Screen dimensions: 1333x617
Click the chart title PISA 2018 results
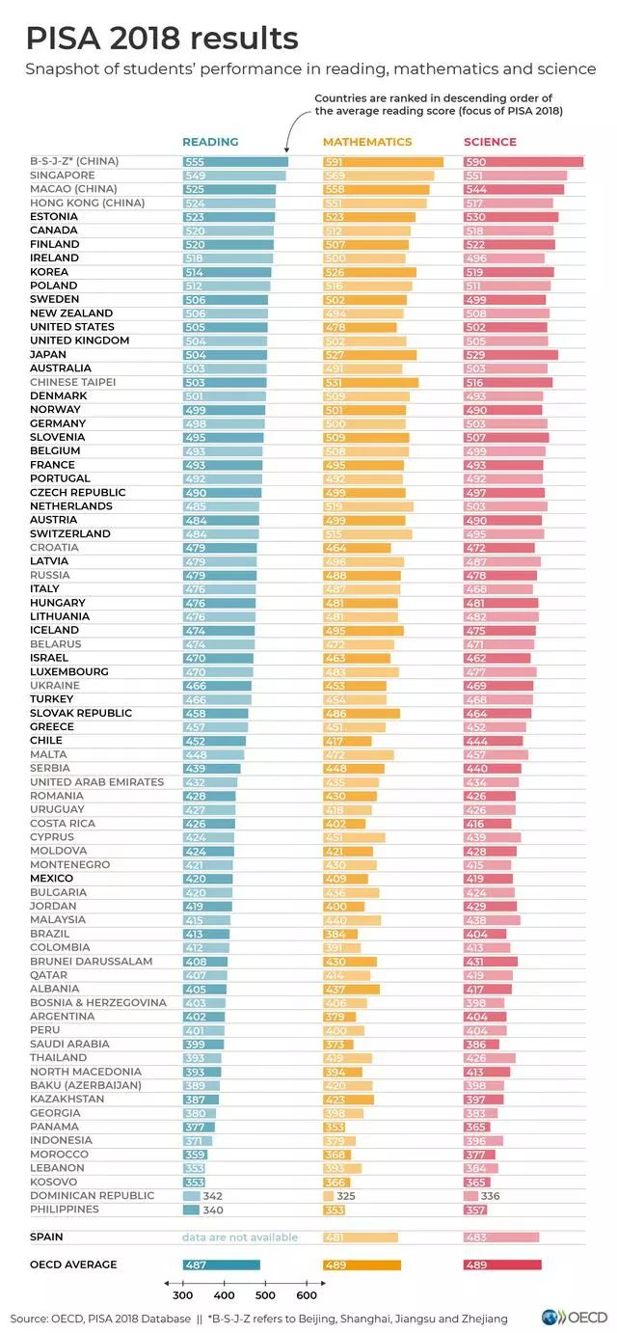[x=161, y=39]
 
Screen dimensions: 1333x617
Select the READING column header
[x=210, y=142]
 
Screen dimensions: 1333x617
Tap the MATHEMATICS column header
[x=367, y=142]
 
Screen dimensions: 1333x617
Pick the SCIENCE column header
[x=490, y=142]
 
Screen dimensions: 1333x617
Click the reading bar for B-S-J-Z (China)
[x=235, y=162]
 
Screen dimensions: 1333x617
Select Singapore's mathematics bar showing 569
[x=378, y=176]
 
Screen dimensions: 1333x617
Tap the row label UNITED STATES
[x=72, y=327]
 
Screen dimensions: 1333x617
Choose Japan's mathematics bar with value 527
[x=369, y=354]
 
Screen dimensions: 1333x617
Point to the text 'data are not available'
[x=240, y=1238]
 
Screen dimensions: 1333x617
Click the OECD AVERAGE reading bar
[x=222, y=1265]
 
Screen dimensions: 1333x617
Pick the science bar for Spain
[x=501, y=1238]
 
